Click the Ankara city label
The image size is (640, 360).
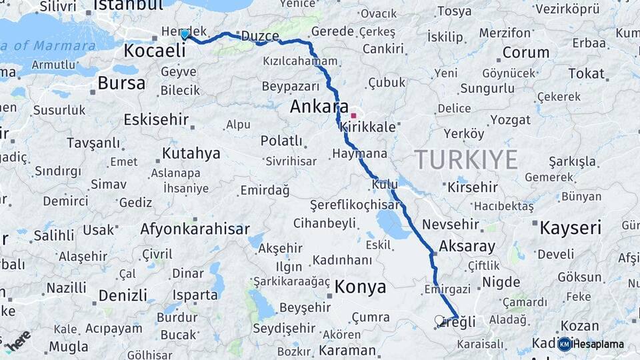click(x=319, y=107)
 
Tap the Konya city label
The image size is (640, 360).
click(x=360, y=287)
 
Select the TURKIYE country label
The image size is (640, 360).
click(x=466, y=160)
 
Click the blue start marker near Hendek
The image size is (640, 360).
click(x=185, y=34)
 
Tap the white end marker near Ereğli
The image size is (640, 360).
click(x=439, y=321)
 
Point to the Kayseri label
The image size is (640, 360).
click(x=570, y=228)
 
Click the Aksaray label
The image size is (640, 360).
click(x=467, y=246)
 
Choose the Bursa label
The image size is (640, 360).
click(x=121, y=83)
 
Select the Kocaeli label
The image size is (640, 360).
click(x=154, y=51)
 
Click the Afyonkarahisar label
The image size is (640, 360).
click(x=195, y=229)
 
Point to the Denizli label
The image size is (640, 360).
click(x=123, y=295)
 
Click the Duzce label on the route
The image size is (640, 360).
click(x=259, y=36)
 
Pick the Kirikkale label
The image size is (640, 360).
click(x=367, y=126)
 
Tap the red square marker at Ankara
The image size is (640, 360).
click(x=353, y=115)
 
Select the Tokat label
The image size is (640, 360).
click(x=585, y=73)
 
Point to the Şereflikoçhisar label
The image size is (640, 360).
click(x=353, y=204)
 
